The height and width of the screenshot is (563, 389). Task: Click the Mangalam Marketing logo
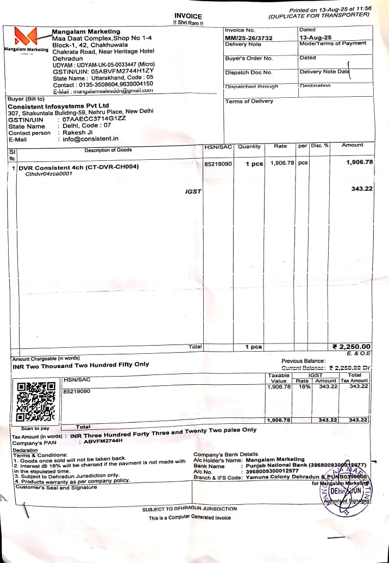tap(26, 37)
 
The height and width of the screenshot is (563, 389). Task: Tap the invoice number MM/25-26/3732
tap(248, 38)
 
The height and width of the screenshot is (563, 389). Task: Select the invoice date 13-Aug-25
tap(315, 37)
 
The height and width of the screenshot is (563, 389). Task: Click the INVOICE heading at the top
tap(188, 16)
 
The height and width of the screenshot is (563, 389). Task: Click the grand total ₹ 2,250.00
tap(352, 347)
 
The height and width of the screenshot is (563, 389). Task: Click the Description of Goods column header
tap(108, 150)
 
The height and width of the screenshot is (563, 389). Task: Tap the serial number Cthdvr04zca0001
tap(49, 174)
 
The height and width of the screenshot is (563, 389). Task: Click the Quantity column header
tap(249, 147)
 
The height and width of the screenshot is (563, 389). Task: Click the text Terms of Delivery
tap(249, 102)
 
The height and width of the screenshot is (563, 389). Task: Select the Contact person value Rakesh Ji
tap(78, 133)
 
